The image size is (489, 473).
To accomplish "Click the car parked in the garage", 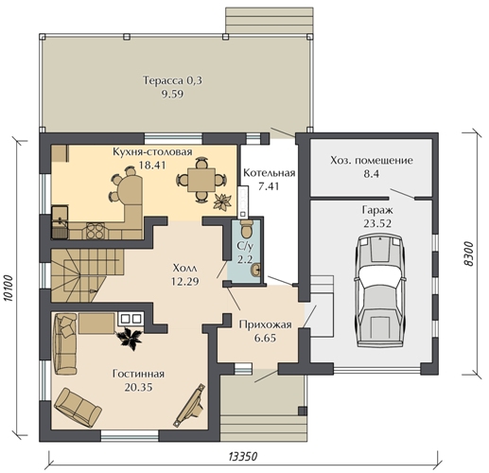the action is coord(380,290).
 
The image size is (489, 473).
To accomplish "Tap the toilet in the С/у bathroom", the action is coord(246,228).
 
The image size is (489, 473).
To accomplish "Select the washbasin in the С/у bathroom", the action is coord(255,270).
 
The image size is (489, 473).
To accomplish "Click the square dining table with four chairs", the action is coord(201,180).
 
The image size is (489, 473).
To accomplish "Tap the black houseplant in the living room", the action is coord(129,339).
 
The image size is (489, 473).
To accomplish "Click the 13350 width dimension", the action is coord(242,456).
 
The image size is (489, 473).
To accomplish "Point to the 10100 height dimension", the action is coord(9,289).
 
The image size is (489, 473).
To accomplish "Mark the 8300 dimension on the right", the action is coord(469,254).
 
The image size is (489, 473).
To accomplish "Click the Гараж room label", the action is coord(377,210).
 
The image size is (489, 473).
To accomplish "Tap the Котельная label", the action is coord(270,173).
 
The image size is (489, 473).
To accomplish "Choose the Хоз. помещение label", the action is coord(372,160).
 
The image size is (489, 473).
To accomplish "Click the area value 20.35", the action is coord(138,387).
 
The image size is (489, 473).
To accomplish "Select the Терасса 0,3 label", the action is coord(172,80).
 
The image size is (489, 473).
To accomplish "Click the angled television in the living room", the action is coord(190,406).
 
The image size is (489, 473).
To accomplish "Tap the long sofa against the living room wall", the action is coord(65,343).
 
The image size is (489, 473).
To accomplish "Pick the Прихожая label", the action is coord(265,324).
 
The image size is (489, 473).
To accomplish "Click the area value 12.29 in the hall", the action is coord(184,281).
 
